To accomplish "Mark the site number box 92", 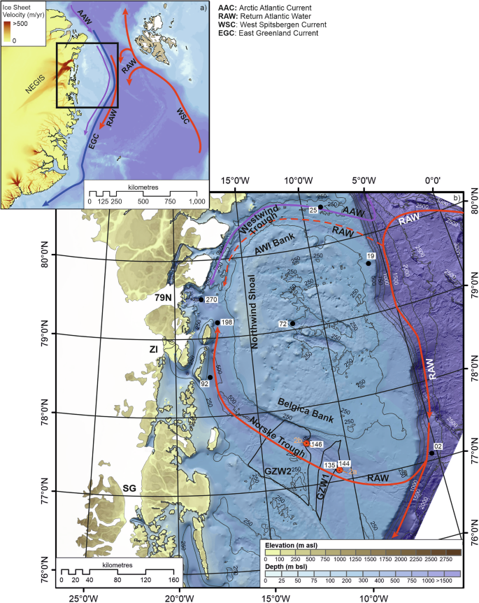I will (206, 384).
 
